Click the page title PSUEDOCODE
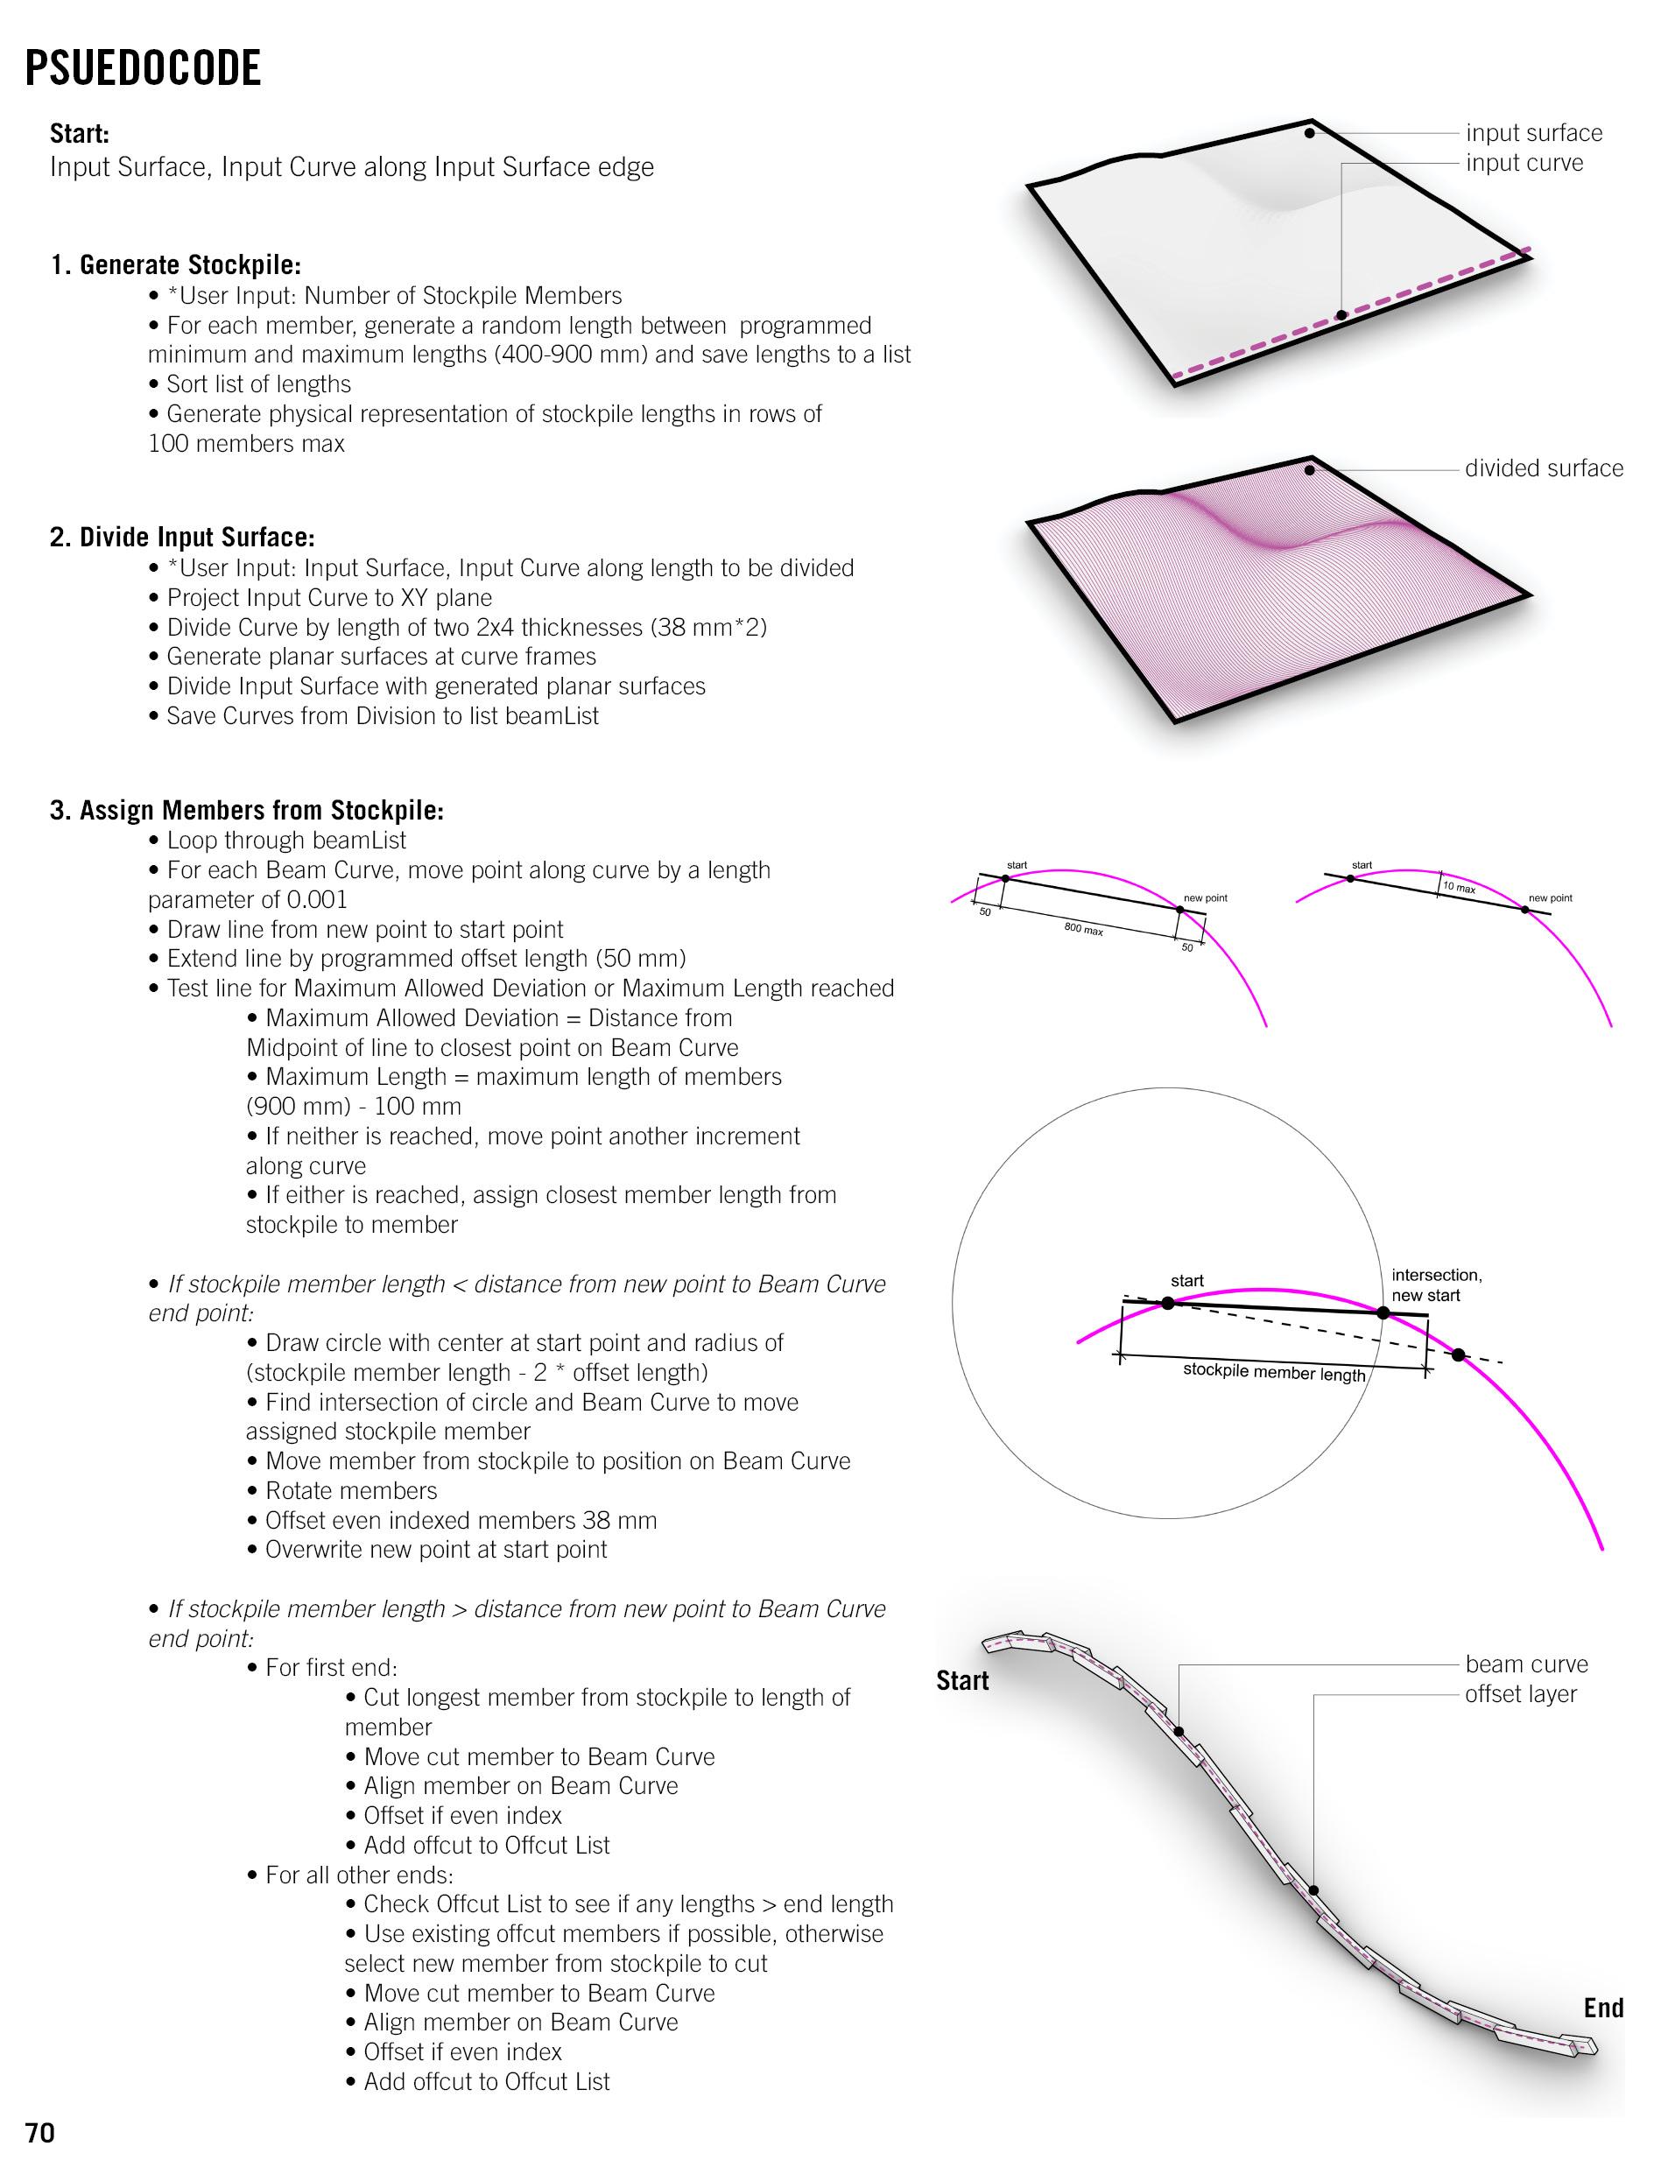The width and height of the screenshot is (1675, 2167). pos(143,68)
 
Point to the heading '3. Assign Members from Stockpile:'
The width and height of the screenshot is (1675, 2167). pos(247,811)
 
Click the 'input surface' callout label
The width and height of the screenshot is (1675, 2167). pos(1534,133)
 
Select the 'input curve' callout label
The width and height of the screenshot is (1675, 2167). pos(1524,163)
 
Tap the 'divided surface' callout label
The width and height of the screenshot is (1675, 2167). pos(1544,468)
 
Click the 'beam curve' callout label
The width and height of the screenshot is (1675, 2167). pos(1526,1664)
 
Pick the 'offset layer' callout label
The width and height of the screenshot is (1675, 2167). pos(1520,1693)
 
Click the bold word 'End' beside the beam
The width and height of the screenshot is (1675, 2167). pos(1603,2009)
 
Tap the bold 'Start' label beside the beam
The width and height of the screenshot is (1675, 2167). pos(962,1681)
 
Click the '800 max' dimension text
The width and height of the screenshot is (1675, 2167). pos(1084,931)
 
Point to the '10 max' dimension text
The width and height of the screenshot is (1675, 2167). pos(1459,887)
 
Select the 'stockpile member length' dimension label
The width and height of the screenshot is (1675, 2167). pos(1274,1373)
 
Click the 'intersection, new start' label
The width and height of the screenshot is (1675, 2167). pos(1436,1285)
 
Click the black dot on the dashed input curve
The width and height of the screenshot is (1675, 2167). pos(1341,315)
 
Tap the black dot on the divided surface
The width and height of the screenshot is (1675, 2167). pos(1310,470)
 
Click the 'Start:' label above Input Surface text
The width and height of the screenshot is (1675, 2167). pos(80,134)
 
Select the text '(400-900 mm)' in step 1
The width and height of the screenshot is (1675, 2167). pos(571,355)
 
